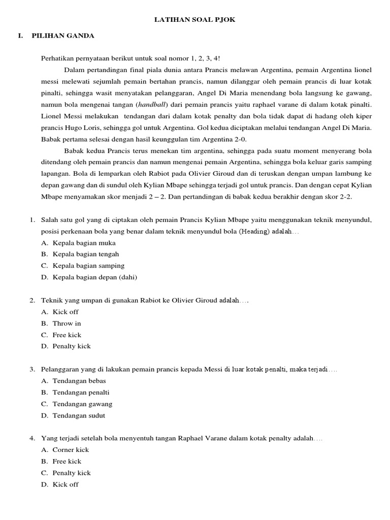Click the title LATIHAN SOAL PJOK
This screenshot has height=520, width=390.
[195, 19]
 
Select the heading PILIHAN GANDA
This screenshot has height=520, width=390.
[62, 36]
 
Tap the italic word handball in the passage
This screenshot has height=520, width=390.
[155, 104]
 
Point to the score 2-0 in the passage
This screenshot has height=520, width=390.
[240, 139]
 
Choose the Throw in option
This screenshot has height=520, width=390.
[67, 323]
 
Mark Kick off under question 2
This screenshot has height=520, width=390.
[66, 312]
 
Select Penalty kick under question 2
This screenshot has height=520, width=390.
[72, 346]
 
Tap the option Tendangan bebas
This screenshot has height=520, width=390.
[79, 381]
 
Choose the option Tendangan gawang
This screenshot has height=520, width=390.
[82, 404]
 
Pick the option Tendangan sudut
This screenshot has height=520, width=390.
[79, 415]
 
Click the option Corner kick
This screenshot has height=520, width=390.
[71, 450]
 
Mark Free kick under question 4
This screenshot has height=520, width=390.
[67, 462]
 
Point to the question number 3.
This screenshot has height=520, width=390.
[32, 369]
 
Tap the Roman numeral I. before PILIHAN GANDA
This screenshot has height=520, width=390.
[20, 36]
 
